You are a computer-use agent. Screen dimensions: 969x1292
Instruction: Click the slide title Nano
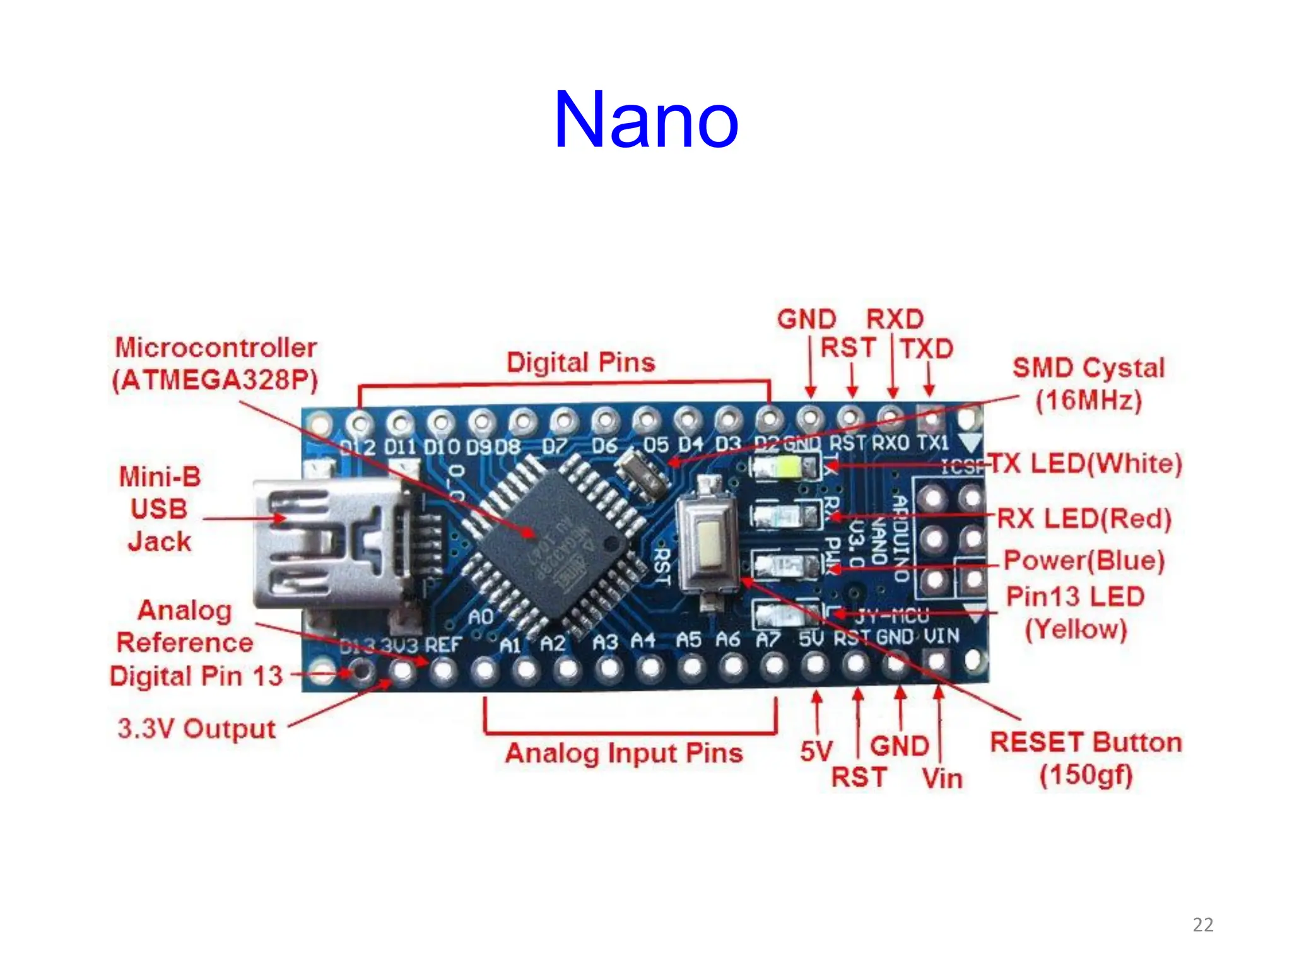coord(645,120)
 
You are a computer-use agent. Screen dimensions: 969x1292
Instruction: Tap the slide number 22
coord(1202,925)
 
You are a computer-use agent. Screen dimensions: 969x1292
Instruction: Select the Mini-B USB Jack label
coord(160,508)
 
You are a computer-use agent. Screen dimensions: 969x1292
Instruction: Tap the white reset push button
coord(708,543)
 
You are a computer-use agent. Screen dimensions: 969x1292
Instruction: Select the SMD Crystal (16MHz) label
coord(1088,384)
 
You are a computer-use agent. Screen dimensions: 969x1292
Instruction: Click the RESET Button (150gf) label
coord(1085,758)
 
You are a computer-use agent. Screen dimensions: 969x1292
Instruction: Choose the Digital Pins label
coord(580,363)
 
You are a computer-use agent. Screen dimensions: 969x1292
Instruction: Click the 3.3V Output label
coord(196,729)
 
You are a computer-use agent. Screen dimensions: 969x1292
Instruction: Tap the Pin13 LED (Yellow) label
coord(1075,612)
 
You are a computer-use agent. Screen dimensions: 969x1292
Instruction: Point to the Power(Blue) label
coord(1083,560)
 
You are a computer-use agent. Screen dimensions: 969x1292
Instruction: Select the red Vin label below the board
coord(941,778)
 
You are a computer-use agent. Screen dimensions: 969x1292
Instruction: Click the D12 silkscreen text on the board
coord(358,447)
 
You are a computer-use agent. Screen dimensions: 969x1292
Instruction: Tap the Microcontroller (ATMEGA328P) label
coord(215,363)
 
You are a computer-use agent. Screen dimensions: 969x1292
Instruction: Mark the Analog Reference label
coord(185,626)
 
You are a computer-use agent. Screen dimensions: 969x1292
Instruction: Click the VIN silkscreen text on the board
coord(941,637)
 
